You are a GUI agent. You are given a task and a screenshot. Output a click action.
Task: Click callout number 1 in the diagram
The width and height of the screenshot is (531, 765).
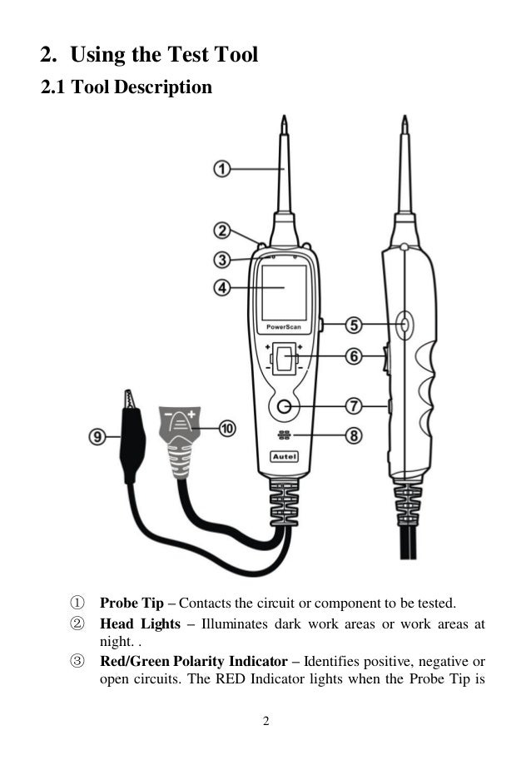tap(221, 169)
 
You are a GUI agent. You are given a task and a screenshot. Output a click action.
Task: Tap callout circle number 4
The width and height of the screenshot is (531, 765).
tap(221, 289)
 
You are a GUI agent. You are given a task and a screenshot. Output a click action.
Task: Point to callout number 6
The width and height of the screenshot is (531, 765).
tap(354, 356)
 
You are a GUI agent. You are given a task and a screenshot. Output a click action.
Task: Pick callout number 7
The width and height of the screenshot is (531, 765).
tap(354, 406)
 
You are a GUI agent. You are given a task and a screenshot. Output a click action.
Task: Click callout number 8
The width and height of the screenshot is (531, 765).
tap(354, 435)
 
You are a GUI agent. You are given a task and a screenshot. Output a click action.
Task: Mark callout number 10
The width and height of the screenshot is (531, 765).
tap(226, 428)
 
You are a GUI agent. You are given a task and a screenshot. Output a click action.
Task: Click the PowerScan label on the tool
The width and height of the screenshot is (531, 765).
tap(284, 328)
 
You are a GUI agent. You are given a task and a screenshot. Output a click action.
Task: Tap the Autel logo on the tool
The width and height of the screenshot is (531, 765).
tap(285, 457)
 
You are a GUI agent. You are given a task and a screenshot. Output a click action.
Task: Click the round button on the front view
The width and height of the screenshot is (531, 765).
tap(285, 407)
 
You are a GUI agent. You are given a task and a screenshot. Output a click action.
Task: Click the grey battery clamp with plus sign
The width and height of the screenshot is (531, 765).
tap(182, 438)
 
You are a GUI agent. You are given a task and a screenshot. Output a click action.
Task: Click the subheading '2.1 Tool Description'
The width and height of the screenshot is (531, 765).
tap(127, 87)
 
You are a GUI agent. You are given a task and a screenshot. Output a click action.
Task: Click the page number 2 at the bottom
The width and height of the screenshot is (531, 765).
tap(265, 721)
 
